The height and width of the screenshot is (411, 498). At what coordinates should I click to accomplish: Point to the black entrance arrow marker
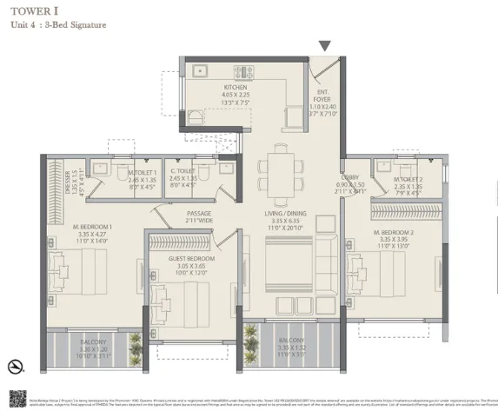point(325,46)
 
